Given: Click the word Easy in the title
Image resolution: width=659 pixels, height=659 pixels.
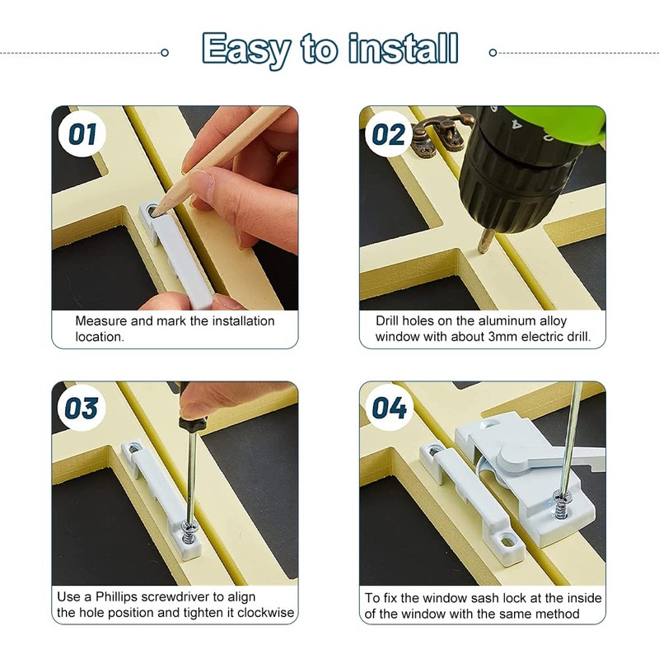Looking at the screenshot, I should pyautogui.click(x=245, y=50).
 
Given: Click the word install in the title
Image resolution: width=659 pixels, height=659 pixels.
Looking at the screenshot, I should pyautogui.click(x=402, y=49).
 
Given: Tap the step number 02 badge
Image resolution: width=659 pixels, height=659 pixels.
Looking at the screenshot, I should pyautogui.click(x=389, y=134).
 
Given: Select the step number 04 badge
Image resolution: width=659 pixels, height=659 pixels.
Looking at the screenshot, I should pyautogui.click(x=389, y=409).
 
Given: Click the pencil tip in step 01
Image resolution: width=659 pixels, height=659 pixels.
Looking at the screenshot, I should pyautogui.click(x=160, y=209).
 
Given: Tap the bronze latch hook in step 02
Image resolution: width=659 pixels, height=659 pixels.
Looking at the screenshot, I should pyautogui.click(x=437, y=132).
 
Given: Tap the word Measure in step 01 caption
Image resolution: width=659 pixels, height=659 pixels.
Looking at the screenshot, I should pyautogui.click(x=101, y=321).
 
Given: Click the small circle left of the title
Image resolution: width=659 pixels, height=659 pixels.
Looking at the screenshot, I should pyautogui.click(x=165, y=53).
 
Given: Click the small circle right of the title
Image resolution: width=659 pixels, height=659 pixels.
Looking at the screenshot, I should pyautogui.click(x=493, y=53).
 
